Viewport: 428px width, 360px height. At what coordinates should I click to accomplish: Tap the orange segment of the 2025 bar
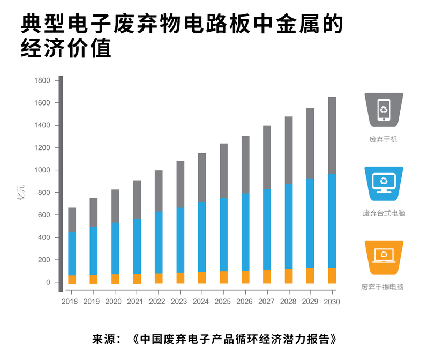[223, 277]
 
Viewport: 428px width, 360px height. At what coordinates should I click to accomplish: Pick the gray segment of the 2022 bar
[159, 191]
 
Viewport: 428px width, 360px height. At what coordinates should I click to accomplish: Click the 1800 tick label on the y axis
[42, 80]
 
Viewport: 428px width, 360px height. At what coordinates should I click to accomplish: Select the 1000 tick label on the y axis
[42, 170]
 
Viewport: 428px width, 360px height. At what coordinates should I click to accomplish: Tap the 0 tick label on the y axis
[48, 282]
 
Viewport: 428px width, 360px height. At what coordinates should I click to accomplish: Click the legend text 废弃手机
[384, 139]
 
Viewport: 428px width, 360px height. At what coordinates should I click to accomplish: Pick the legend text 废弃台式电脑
[384, 213]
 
